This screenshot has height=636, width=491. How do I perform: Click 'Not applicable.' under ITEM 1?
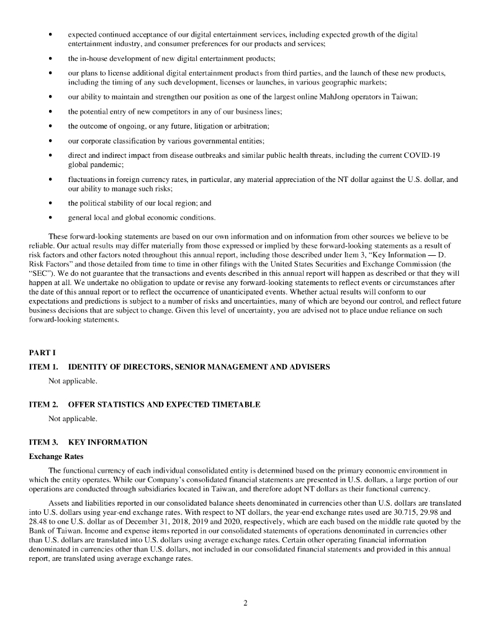[73, 380]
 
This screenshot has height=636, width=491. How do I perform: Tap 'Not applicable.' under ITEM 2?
[73, 418]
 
